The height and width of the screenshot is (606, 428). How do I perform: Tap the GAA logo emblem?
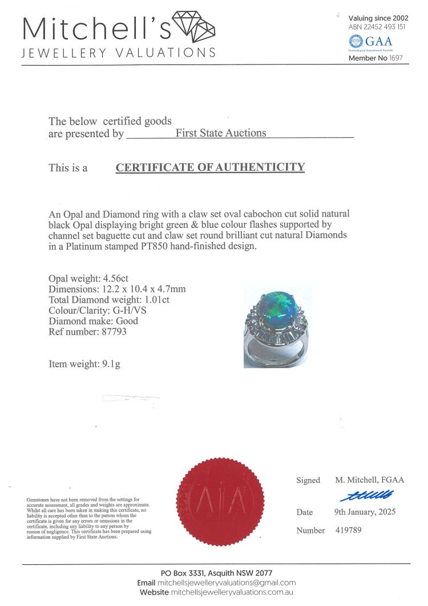coord(356,42)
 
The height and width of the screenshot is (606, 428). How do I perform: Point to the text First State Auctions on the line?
coord(221,133)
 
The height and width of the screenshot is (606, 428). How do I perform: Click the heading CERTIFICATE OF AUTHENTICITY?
coord(210,167)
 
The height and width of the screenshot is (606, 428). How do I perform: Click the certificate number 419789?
coord(348,530)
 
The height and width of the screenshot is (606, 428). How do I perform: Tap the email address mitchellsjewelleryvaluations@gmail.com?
coord(227,583)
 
